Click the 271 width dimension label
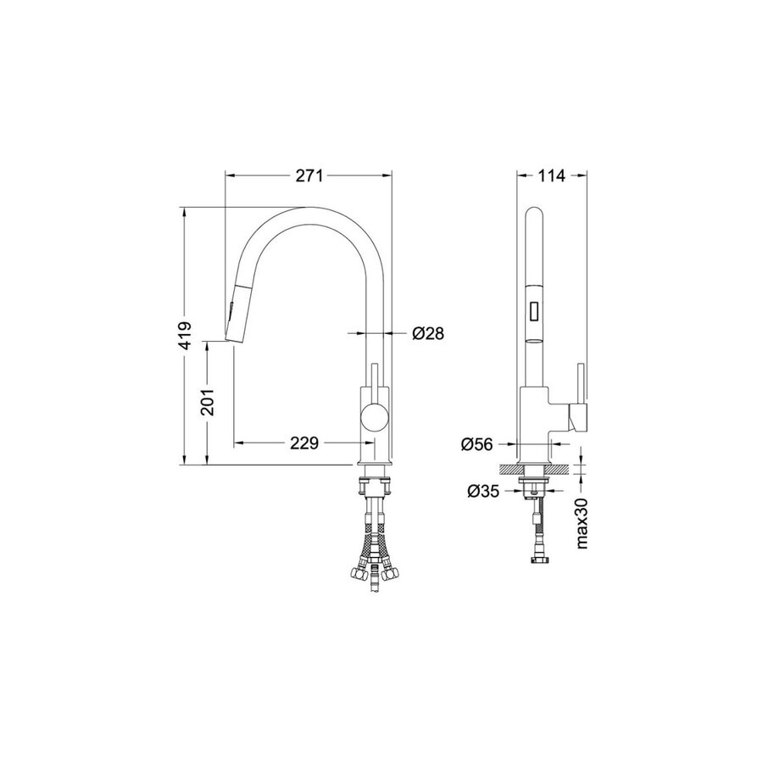coord(309,175)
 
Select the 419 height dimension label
coord(185,335)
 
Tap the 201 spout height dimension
coord(208,402)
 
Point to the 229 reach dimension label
coord(304,443)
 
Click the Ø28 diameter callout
coord(428,333)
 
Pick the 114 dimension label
coord(551,175)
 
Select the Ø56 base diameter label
coord(476,443)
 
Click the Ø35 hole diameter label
coord(483,492)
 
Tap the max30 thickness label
coord(582,524)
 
